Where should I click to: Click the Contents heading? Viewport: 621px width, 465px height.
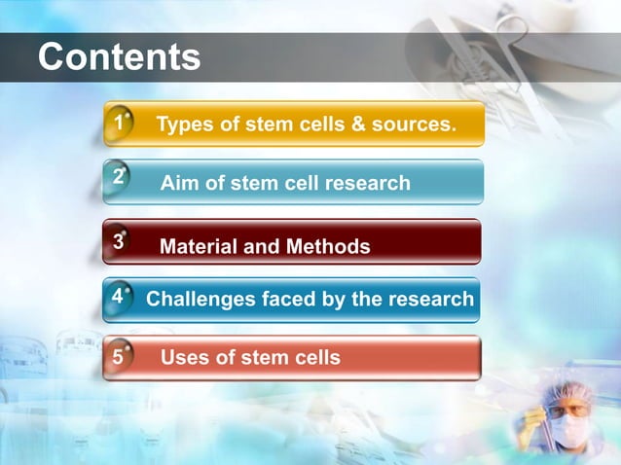point(119,57)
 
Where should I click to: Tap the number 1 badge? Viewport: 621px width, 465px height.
point(118,125)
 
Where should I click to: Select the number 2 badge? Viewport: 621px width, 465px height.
point(118,178)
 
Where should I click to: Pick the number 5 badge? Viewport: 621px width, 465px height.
point(118,357)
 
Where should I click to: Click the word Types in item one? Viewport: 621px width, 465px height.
point(184,125)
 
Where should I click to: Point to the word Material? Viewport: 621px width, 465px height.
point(198,246)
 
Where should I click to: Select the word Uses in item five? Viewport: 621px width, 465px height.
point(184,357)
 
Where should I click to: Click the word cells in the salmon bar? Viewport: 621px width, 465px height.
point(314,357)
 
